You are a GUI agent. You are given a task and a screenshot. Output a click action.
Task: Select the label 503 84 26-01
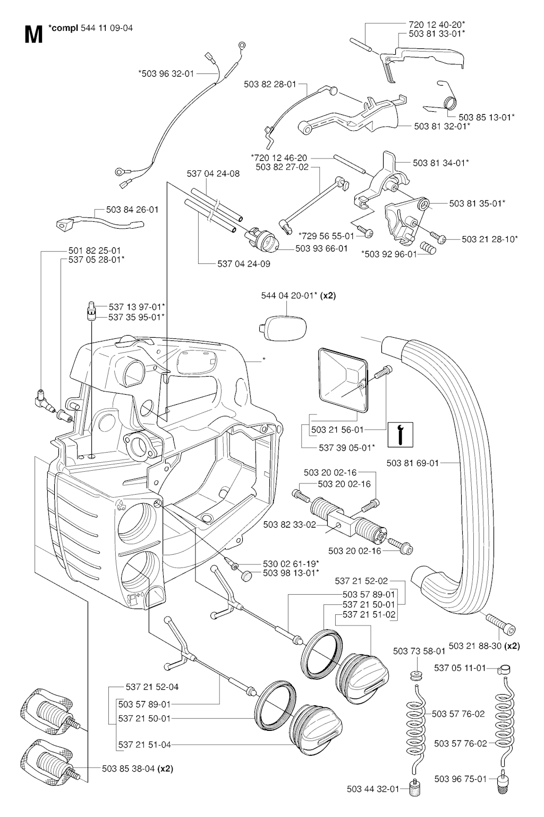click(132, 210)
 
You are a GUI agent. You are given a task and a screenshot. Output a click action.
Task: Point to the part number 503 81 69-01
click(413, 463)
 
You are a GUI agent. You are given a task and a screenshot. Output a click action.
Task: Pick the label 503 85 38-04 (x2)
click(137, 768)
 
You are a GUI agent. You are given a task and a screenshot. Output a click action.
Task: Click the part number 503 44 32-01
click(372, 789)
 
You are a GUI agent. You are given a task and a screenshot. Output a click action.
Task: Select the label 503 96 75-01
click(460, 779)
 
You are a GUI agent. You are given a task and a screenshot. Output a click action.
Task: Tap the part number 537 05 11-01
click(460, 668)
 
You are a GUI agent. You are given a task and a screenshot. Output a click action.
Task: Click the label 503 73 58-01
click(419, 651)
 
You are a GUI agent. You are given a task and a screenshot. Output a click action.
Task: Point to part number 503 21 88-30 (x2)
click(484, 646)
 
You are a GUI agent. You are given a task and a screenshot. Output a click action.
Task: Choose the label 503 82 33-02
click(290, 524)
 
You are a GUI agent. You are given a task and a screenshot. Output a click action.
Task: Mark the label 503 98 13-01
click(291, 572)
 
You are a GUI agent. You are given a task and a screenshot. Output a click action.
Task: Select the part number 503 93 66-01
click(321, 248)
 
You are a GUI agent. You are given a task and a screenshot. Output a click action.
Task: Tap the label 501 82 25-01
click(95, 250)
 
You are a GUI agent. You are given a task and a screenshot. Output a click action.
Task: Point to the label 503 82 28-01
click(270, 84)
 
